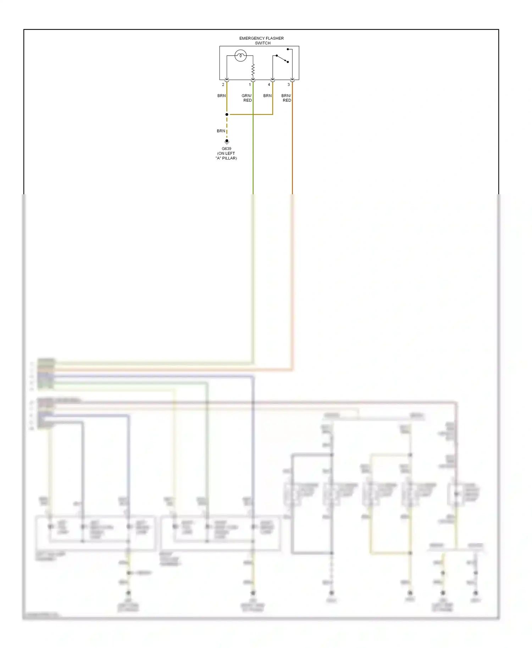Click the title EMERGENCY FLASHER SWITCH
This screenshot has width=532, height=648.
pyautogui.click(x=262, y=40)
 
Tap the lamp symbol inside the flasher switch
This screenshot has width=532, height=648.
pyautogui.click(x=240, y=56)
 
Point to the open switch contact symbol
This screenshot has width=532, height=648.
pyautogui.click(x=282, y=58)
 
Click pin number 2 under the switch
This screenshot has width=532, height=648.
pyautogui.click(x=223, y=85)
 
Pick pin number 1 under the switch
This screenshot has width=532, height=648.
pyautogui.click(x=250, y=85)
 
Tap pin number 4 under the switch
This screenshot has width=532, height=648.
pyautogui.click(x=269, y=85)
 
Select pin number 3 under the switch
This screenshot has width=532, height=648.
pyautogui.click(x=289, y=85)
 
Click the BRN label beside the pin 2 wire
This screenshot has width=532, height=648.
pyautogui.click(x=221, y=96)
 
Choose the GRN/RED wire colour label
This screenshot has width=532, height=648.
pyautogui.click(x=247, y=98)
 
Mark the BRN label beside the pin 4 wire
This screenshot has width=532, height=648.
pyautogui.click(x=267, y=96)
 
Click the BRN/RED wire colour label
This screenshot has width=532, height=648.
pyautogui.click(x=286, y=98)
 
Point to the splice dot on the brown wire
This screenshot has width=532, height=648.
pyautogui.click(x=227, y=114)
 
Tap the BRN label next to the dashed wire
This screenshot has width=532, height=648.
pyautogui.click(x=221, y=131)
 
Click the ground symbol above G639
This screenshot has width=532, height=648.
pyautogui.click(x=227, y=141)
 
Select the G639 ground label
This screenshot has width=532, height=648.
pyautogui.click(x=226, y=149)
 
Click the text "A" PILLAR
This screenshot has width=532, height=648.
pyautogui.click(x=226, y=158)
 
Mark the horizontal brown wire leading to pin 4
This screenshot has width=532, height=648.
pyautogui.click(x=250, y=114)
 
